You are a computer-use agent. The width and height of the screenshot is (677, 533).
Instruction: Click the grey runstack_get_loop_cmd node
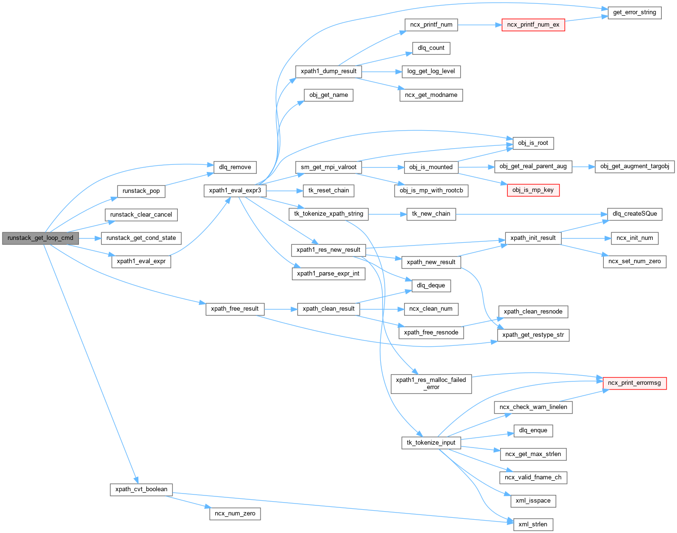[40, 238]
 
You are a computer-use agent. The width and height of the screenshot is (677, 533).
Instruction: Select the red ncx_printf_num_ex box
[533, 25]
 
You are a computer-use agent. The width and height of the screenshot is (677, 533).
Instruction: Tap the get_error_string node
[634, 12]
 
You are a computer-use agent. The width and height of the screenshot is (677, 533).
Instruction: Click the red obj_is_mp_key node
[533, 190]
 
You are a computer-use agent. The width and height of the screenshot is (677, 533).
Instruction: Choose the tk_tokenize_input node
[431, 443]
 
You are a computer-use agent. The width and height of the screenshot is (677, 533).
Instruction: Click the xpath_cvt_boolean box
[141, 489]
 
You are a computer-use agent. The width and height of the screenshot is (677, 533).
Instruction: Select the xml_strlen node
[533, 524]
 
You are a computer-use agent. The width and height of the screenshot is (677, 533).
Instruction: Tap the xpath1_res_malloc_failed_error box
[431, 383]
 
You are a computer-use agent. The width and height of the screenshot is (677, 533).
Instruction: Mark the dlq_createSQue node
[635, 214]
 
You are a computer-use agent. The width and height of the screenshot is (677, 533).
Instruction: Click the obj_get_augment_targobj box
[634, 166]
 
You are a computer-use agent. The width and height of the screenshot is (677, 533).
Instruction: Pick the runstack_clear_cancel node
[141, 215]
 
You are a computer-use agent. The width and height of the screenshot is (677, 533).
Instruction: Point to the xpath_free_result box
[235, 309]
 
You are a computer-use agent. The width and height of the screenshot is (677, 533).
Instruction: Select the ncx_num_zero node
[235, 514]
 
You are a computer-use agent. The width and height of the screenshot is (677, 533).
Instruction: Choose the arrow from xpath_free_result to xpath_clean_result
[280, 309]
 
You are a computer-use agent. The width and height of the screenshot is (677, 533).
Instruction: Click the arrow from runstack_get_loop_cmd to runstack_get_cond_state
[90, 238]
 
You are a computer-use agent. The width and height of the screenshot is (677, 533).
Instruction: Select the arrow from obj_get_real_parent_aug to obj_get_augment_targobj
[583, 166]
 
